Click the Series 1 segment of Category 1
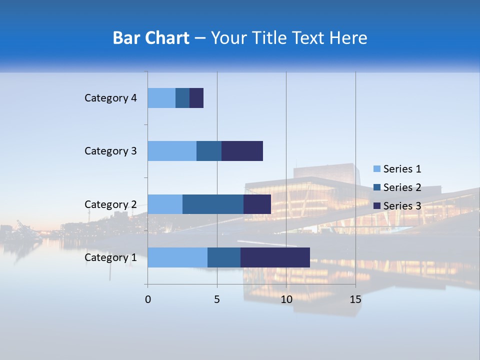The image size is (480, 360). pyautogui.click(x=177, y=257)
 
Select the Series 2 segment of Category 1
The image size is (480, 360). pyautogui.click(x=224, y=257)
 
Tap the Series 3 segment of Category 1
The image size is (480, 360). pyautogui.click(x=275, y=257)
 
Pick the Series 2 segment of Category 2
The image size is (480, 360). pyautogui.click(x=213, y=204)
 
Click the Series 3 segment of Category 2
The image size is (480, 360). pyautogui.click(x=257, y=204)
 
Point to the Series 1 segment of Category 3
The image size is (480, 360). pyautogui.click(x=172, y=151)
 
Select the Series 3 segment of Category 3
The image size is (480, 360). pyautogui.click(x=242, y=151)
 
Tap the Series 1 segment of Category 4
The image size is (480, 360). pyautogui.click(x=161, y=98)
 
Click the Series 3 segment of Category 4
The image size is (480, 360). pyautogui.click(x=196, y=98)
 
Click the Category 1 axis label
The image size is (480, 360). pyautogui.click(x=110, y=257)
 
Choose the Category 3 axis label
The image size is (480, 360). pyautogui.click(x=110, y=151)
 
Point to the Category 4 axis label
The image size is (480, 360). pyautogui.click(x=110, y=98)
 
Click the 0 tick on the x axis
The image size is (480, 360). pyautogui.click(x=148, y=299)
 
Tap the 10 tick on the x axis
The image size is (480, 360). pyautogui.click(x=286, y=299)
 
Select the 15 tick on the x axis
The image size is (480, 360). pyautogui.click(x=355, y=299)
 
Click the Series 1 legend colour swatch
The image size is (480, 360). pyautogui.click(x=377, y=169)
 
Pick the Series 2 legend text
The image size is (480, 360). pyautogui.click(x=402, y=187)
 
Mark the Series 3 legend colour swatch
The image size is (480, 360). pyautogui.click(x=377, y=206)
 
